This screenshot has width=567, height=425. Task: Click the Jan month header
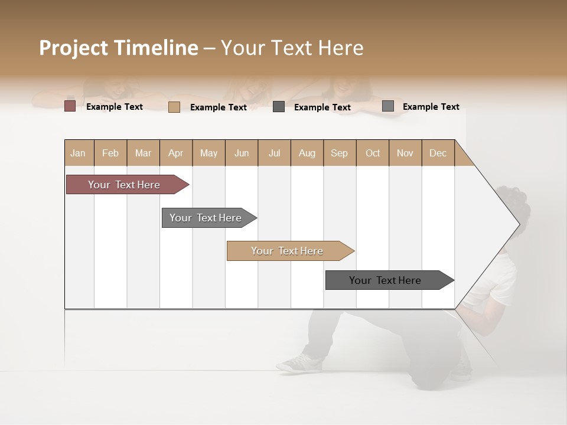78,153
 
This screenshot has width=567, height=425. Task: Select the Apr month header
175,153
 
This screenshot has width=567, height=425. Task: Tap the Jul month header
274,153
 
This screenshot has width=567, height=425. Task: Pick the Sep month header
339,153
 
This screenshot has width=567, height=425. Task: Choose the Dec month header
438,153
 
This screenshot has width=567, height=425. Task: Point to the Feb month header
110,153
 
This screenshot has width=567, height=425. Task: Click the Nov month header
405,153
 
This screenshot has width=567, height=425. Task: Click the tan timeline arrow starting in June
288,251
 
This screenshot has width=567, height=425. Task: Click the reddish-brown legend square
70,106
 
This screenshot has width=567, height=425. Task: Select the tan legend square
174,107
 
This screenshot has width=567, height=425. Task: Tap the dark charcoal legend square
279,107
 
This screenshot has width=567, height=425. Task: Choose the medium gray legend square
388,106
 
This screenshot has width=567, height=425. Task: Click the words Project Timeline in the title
118,48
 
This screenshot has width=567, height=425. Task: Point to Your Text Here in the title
292,48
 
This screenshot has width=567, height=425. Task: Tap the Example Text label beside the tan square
218,107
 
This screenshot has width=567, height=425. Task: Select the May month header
208,153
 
